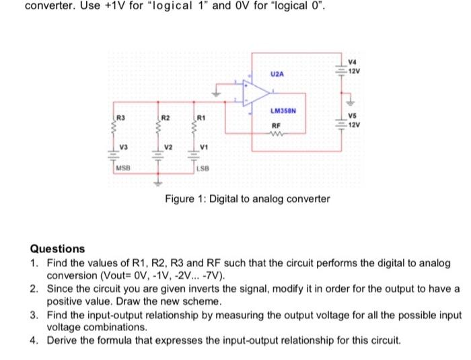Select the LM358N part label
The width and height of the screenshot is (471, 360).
(x=283, y=110)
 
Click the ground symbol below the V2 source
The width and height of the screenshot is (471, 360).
(x=160, y=183)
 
